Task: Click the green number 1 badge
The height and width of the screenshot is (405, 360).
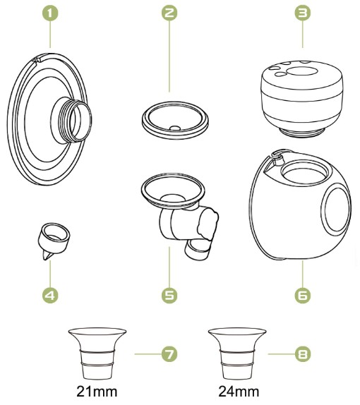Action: [x=50, y=13]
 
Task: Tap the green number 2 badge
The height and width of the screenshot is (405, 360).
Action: [x=169, y=13]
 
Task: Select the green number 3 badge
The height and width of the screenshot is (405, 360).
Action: [x=302, y=13]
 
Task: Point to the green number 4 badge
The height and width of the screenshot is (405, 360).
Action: [x=50, y=295]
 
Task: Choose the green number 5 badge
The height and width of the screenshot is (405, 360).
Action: [x=169, y=295]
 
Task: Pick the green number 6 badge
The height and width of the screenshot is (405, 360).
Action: [x=302, y=295]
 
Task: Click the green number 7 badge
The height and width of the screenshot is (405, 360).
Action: [x=169, y=354]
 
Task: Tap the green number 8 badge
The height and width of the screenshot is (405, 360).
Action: [x=302, y=354]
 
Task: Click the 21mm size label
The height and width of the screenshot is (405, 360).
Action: [x=97, y=392]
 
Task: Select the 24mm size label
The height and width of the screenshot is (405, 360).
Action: [x=239, y=392]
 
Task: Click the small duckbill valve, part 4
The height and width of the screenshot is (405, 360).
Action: [x=54, y=241]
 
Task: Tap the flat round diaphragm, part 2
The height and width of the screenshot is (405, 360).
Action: [x=175, y=121]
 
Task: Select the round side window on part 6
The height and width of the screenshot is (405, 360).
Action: [x=337, y=209]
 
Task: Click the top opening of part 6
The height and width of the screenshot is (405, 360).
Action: [x=305, y=173]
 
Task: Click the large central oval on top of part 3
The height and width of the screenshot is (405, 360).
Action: [x=302, y=71]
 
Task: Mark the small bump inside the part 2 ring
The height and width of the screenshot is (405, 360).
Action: [x=175, y=128]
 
